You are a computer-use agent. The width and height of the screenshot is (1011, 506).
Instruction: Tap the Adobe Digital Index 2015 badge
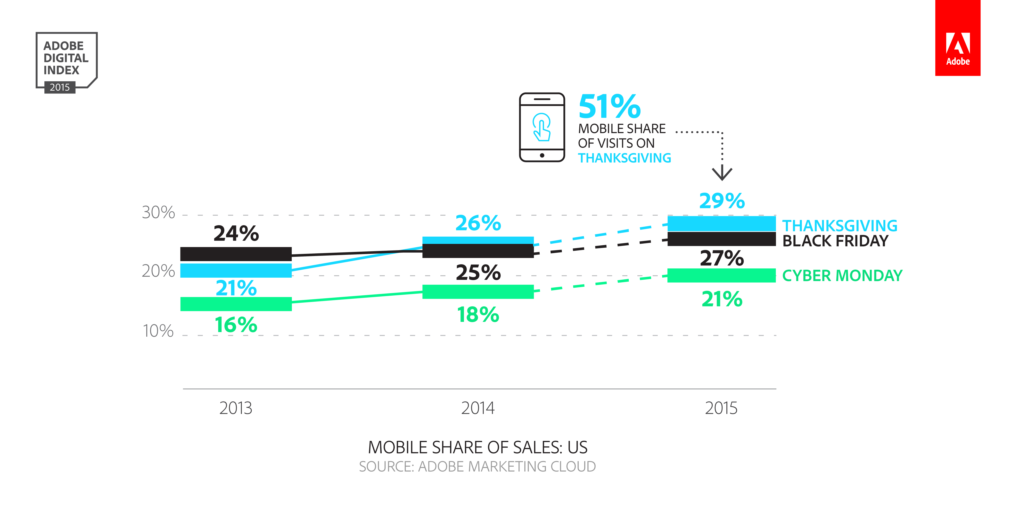[66, 62]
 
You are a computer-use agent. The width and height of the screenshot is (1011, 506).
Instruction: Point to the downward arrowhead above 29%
[722, 174]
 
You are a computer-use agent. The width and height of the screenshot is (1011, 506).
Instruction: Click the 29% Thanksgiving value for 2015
[722, 201]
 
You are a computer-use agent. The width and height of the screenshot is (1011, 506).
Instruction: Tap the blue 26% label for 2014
[478, 223]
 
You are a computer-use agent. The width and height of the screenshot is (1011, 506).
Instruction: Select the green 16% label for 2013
[236, 325]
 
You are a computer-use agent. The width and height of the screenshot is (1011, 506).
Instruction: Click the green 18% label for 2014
[478, 315]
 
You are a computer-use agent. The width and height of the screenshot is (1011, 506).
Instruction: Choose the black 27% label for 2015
[722, 258]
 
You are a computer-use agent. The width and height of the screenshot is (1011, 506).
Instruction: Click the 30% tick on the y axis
[158, 213]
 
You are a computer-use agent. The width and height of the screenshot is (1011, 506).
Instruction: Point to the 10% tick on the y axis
[158, 331]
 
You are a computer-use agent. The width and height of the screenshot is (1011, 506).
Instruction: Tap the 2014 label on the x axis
[478, 408]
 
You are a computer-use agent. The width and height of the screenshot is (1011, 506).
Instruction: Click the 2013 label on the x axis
[236, 408]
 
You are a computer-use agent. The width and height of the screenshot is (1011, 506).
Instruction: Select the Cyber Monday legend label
[842, 275]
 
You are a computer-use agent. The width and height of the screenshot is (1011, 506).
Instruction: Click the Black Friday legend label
[835, 241]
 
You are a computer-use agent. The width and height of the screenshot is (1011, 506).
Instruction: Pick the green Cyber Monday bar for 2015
[721, 275]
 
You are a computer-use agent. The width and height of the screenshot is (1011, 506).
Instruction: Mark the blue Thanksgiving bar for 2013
[236, 271]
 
